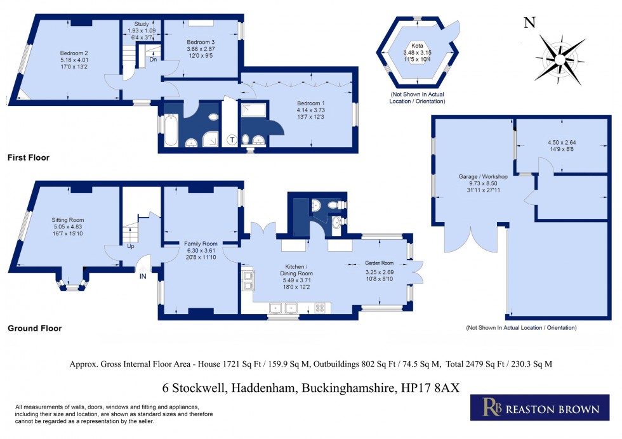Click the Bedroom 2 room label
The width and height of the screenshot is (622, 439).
tap(74, 53)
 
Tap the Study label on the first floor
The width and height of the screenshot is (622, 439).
tap(142, 24)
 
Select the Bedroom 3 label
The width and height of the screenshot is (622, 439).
tap(201, 42)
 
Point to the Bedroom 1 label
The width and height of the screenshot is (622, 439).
tap(310, 103)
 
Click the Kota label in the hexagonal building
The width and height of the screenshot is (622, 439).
tap(418, 46)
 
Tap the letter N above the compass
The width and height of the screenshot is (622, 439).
tap(529, 23)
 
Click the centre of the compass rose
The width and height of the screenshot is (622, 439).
tap(560, 60)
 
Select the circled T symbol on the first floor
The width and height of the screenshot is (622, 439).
tap(231, 140)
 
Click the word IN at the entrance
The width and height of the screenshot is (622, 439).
tap(142, 277)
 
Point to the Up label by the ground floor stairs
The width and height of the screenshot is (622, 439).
tap(131, 246)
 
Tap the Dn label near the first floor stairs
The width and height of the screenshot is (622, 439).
tap(153, 60)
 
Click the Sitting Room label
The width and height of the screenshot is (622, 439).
tap(68, 220)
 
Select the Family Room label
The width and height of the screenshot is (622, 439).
tap(201, 244)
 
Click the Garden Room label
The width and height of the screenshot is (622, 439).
tap(380, 263)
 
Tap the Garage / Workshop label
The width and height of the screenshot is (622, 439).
tap(483, 176)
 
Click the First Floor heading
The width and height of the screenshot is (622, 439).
tap(29, 157)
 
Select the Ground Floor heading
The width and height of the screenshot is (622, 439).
tap(35, 329)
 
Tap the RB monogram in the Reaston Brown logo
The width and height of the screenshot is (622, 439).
tap(492, 407)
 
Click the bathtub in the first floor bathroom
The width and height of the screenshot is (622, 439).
tap(171, 129)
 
